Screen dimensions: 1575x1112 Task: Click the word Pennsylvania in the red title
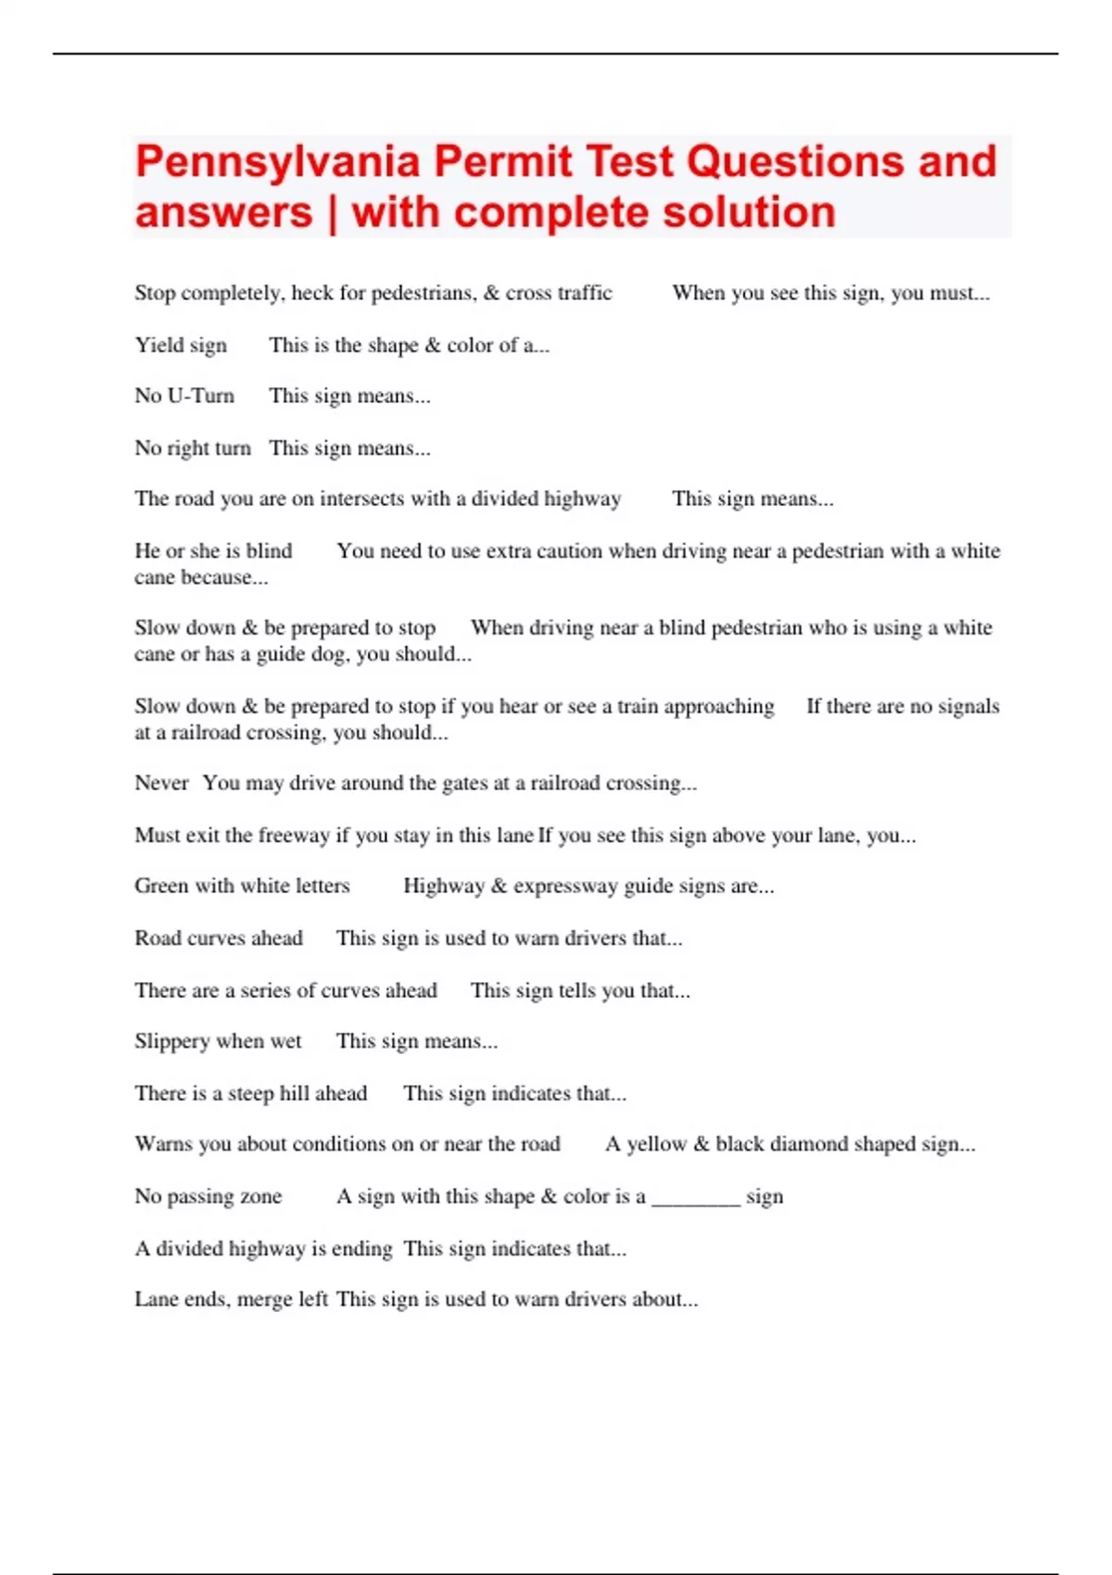coord(278,162)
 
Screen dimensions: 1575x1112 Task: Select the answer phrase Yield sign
coord(181,346)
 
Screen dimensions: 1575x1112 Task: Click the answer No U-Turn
coord(184,397)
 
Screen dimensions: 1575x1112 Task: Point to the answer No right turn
coord(193,448)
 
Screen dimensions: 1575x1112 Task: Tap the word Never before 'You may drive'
coord(161,784)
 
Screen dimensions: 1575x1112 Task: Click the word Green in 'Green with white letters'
coord(161,887)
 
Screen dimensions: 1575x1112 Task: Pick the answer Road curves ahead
coord(219,939)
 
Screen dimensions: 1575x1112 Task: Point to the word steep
coord(251,1094)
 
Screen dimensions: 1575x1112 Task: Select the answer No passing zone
coord(208,1197)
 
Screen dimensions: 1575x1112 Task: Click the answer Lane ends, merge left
coord(231,1300)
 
